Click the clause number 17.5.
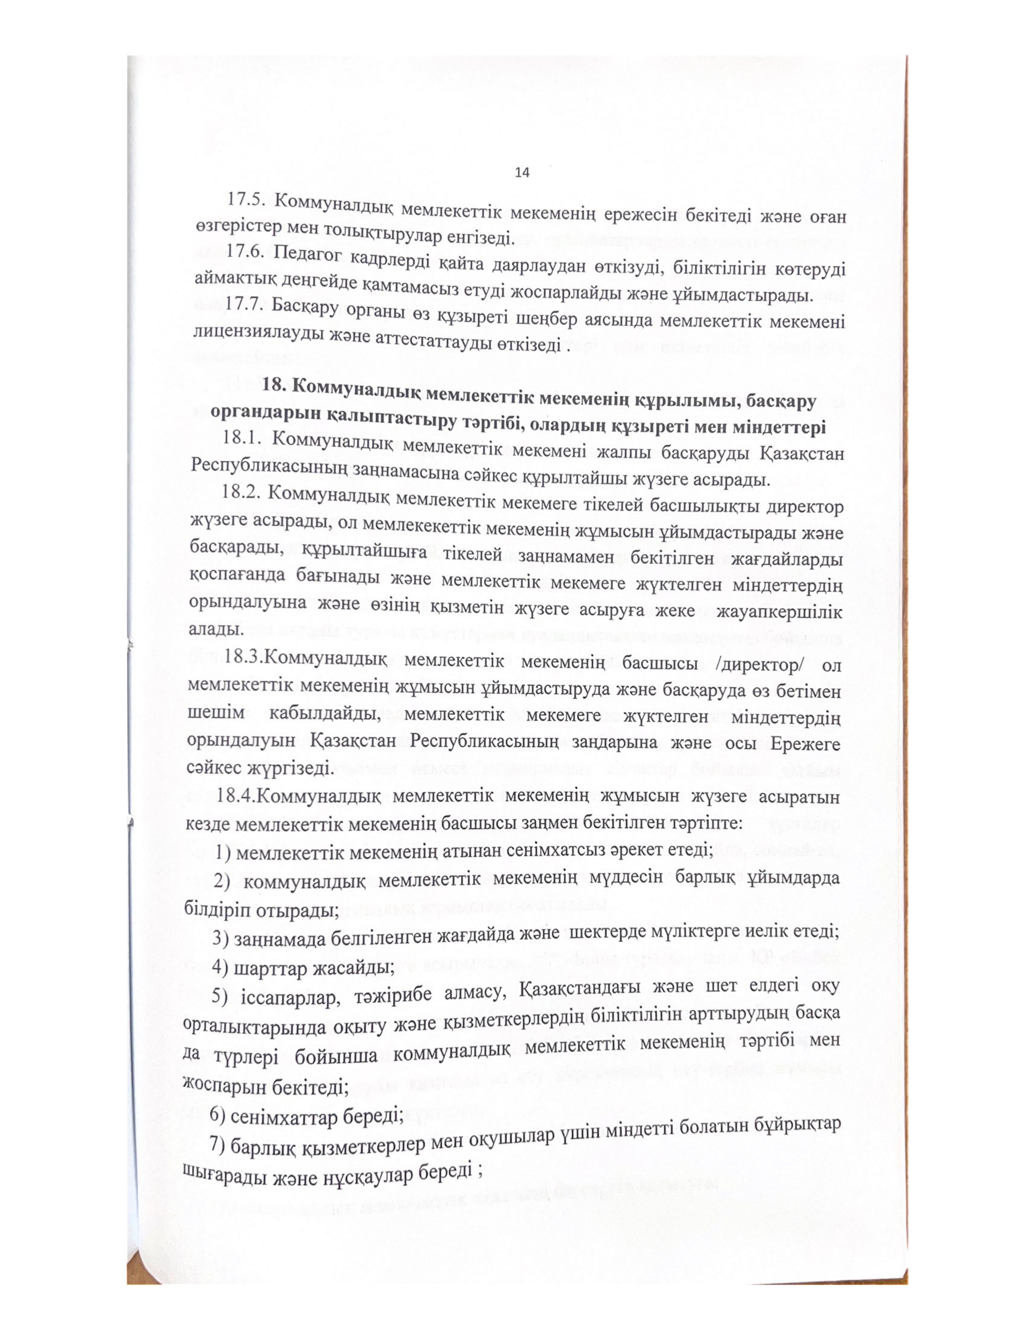245,202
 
